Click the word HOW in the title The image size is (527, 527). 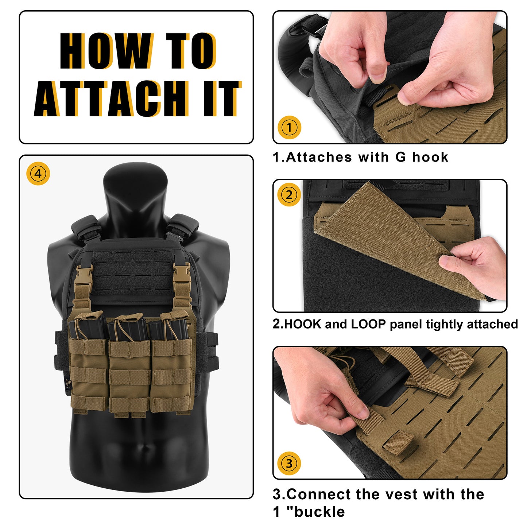point(106,51)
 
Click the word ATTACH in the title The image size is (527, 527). point(111,99)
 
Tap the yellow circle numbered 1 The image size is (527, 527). point(289,127)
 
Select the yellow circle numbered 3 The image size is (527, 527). point(289,463)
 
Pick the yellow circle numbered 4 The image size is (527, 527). point(38,173)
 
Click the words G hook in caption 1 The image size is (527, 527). point(422,157)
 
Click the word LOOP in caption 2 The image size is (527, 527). point(369,324)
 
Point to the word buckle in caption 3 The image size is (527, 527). point(319,512)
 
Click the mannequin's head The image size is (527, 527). point(135,189)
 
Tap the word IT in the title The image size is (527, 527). point(222,99)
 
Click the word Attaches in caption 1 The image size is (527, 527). point(318,157)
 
